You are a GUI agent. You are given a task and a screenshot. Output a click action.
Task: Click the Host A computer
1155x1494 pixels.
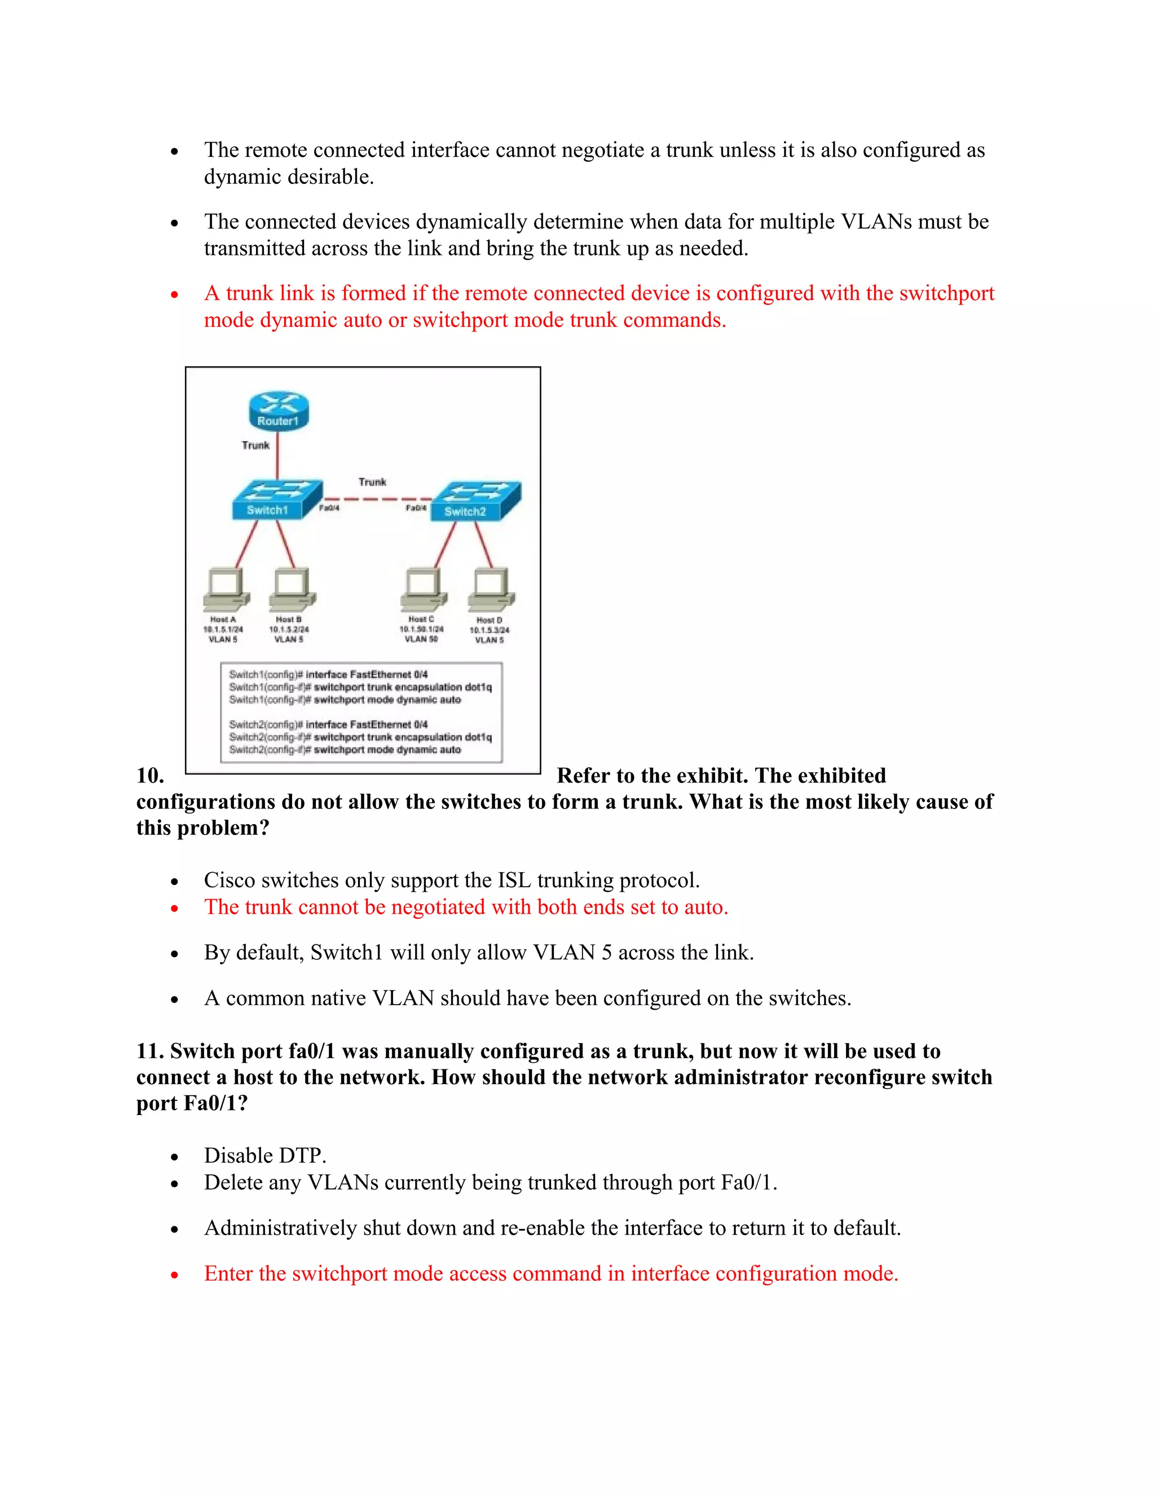(x=226, y=589)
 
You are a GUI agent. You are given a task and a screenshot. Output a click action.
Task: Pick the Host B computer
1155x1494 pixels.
(x=292, y=589)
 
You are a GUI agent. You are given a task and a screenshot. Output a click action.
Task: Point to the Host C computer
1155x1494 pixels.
(x=424, y=589)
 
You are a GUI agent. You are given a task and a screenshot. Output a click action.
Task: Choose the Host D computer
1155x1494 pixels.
(x=491, y=589)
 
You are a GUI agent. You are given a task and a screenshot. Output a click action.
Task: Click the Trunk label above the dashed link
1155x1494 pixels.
(x=372, y=482)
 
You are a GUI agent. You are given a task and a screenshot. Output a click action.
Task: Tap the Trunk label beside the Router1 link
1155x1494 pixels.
(x=255, y=445)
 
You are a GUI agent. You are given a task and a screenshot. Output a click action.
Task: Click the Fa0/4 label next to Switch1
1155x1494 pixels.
(x=329, y=509)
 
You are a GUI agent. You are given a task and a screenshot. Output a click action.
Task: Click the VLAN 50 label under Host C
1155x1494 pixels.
(x=421, y=639)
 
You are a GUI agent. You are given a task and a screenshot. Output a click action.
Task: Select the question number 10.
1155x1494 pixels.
(x=150, y=776)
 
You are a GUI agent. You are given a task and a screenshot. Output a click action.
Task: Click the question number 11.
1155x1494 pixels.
(x=150, y=1051)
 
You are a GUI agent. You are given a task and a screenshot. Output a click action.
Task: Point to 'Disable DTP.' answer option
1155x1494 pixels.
(x=265, y=1155)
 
